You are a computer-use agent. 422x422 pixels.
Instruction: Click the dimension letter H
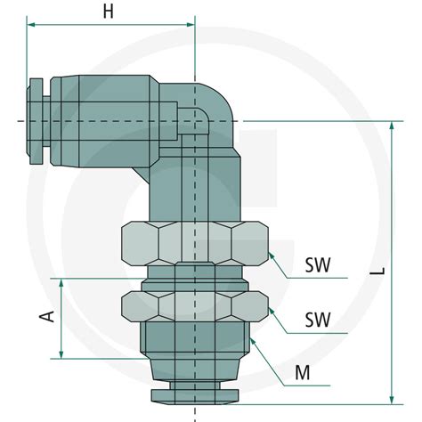(x=108, y=12)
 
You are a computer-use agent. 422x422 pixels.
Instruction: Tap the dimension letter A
(x=49, y=316)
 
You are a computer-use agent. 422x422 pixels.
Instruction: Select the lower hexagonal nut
(x=192, y=305)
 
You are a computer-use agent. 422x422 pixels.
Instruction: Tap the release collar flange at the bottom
(x=193, y=394)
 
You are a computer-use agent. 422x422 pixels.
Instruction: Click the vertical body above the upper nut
(x=192, y=187)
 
